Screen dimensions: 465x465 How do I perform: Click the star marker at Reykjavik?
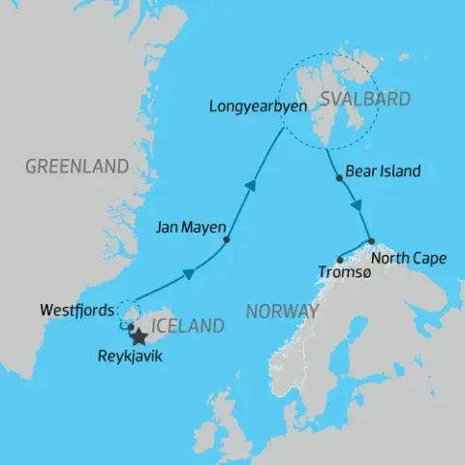(x=139, y=337)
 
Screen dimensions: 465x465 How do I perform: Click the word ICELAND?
(x=188, y=326)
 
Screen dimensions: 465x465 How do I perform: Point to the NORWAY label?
(x=282, y=311)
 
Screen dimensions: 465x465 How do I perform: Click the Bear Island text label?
(x=384, y=171)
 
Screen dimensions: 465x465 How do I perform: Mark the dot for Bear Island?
(x=338, y=177)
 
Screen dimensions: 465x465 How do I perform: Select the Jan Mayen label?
(x=190, y=230)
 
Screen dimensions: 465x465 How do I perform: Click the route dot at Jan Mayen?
(x=227, y=240)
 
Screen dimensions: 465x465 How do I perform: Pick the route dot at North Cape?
(x=371, y=240)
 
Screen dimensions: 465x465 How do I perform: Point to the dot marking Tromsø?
(x=338, y=259)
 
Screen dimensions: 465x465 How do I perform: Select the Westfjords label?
(x=74, y=312)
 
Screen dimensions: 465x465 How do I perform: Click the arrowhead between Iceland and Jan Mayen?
(x=188, y=274)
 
